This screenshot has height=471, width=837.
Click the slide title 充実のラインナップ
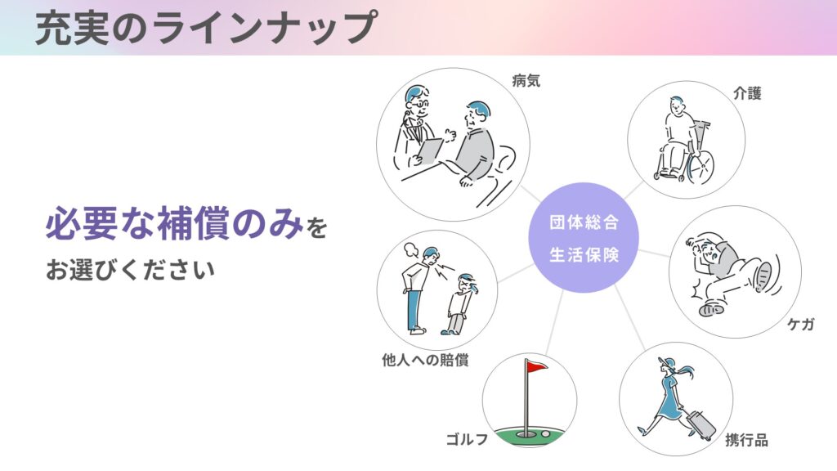point(206,27)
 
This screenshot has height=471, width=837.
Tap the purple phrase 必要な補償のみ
point(175,223)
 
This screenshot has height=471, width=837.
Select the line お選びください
point(130,270)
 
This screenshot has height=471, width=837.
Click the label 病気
point(526,81)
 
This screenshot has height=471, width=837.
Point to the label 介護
point(747,93)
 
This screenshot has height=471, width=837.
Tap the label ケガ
point(801,324)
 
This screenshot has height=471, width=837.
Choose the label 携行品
point(746,440)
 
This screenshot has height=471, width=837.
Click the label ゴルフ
point(467,439)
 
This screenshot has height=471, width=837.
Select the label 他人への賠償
point(425,360)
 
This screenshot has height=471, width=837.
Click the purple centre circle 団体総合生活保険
point(584,238)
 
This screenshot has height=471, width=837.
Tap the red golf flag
point(537,366)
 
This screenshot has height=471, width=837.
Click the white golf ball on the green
point(545,434)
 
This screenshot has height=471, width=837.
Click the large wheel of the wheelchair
point(700,166)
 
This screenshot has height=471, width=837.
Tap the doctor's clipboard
point(430,152)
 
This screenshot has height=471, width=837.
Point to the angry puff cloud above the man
point(412,249)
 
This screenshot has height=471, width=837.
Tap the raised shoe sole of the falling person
point(763,276)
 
